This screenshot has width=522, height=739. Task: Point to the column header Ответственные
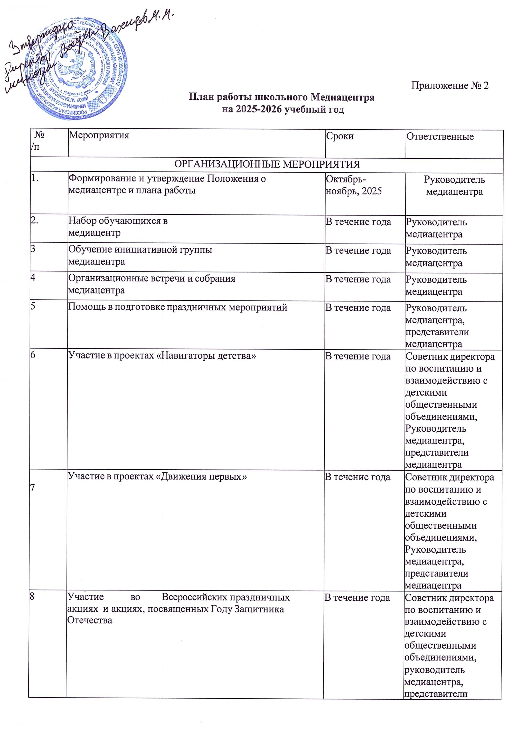(x=440, y=137)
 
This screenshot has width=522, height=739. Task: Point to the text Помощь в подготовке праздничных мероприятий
(x=177, y=307)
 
